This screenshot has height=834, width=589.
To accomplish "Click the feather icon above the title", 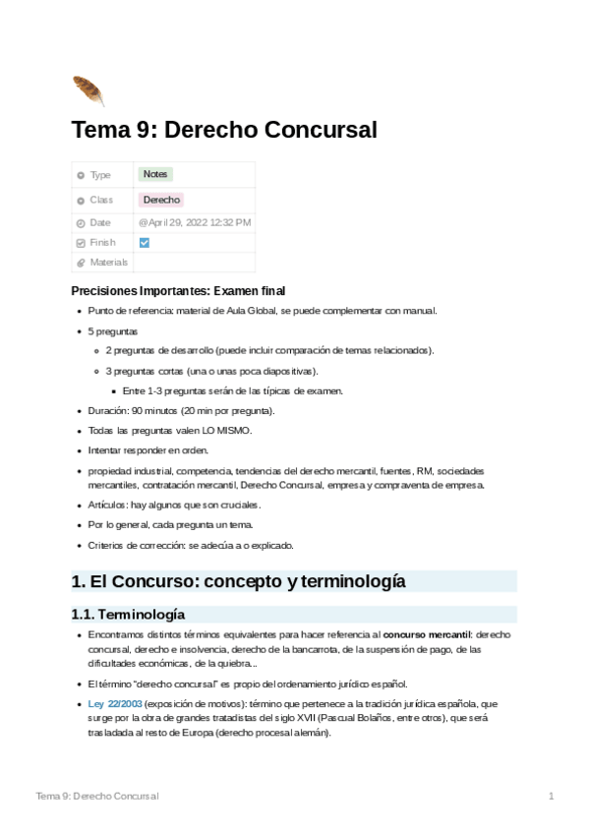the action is click(88, 90).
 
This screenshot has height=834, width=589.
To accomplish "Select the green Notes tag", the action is click(155, 174).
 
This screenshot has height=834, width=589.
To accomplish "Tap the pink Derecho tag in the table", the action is click(161, 200).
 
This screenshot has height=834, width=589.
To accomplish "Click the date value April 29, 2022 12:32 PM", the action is click(195, 222).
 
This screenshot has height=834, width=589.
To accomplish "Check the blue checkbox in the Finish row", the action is click(145, 242).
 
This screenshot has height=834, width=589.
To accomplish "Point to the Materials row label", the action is click(108, 263).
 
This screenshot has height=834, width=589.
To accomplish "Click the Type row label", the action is click(100, 175).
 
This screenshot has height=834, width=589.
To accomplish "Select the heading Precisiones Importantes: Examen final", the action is click(178, 291).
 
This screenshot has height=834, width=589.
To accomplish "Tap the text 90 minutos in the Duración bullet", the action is click(152, 410).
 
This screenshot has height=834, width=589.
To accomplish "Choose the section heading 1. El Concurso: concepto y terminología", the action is click(238, 581).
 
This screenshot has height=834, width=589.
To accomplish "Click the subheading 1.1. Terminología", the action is click(128, 615).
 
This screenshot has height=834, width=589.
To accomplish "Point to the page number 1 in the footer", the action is click(552, 795).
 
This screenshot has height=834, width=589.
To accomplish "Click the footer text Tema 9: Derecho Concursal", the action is click(96, 795).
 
